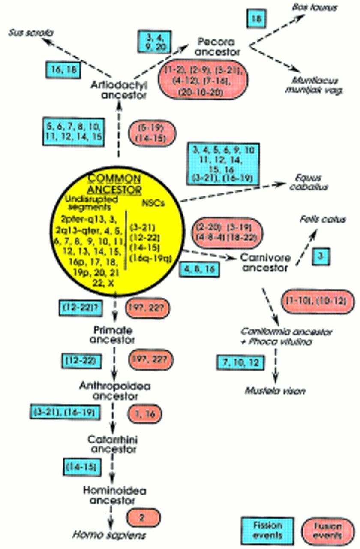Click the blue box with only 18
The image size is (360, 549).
[257, 19]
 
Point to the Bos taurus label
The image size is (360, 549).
[317, 8]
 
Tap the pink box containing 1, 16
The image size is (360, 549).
[144, 413]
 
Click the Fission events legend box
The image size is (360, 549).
[267, 530]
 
